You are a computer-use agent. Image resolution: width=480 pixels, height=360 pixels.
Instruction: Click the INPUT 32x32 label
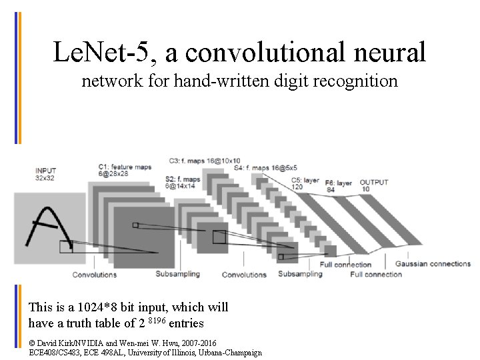46,175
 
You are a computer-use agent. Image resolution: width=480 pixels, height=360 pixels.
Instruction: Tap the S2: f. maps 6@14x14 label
182,183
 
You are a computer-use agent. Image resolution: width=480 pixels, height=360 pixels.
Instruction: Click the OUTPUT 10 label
373,186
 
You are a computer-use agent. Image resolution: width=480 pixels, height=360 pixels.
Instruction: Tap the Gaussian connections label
432,264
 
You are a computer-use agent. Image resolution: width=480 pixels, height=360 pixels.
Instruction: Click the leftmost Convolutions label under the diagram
94,275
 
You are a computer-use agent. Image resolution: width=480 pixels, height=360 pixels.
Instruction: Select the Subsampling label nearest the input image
177,274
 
